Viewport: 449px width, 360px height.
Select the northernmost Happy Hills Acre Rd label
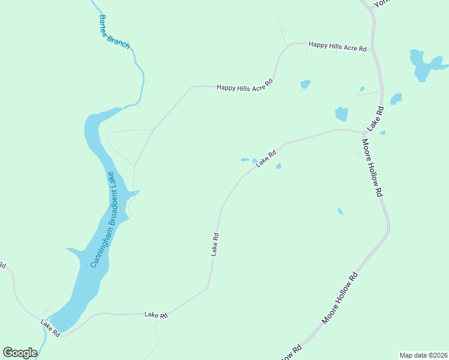click(x=337, y=46)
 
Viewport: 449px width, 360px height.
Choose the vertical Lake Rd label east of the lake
click(x=214, y=245)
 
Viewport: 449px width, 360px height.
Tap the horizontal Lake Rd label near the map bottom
click(x=155, y=314)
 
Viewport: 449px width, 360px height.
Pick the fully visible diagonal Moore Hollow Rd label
click(x=340, y=298)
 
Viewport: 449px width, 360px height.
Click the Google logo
click(x=20, y=353)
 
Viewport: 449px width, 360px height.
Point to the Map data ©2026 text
click(x=423, y=355)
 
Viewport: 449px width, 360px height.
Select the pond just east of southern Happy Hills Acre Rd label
click(x=306, y=85)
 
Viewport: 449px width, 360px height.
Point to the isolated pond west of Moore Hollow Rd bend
click(x=340, y=211)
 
